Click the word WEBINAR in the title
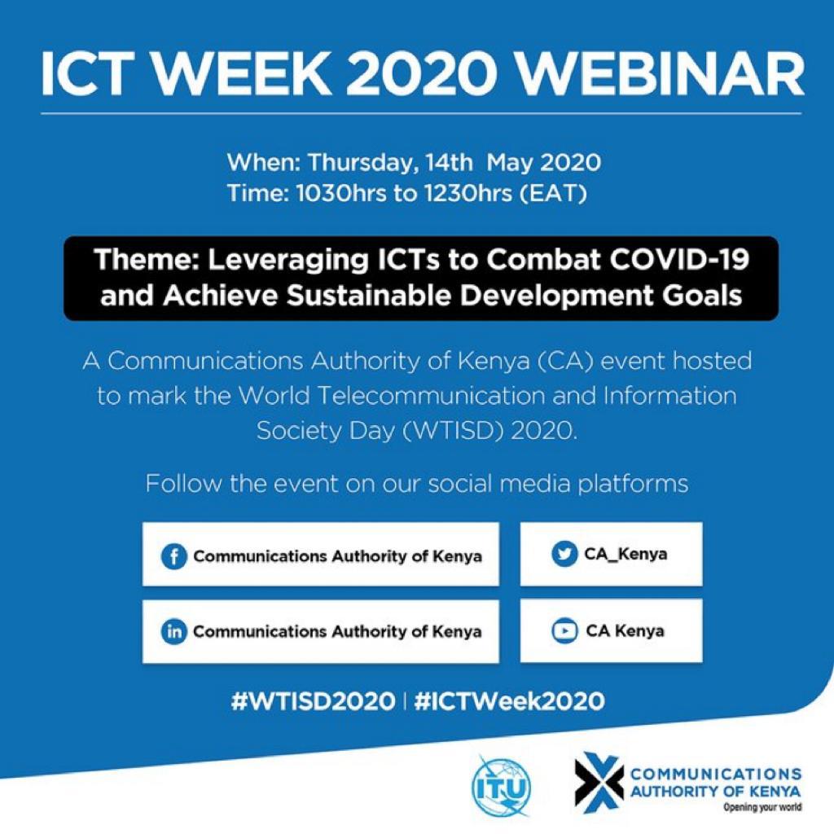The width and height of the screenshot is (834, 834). tap(661, 74)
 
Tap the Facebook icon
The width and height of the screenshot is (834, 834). tap(173, 557)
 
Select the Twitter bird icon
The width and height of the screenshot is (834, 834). tap(564, 554)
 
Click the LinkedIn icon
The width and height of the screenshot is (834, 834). tap(173, 631)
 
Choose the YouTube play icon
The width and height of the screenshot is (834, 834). tap(564, 631)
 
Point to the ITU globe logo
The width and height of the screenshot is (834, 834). tap(502, 786)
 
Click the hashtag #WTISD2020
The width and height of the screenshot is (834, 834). tap(314, 701)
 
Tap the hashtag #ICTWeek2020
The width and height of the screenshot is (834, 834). tap(509, 701)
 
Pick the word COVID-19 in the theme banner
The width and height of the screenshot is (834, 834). tap(679, 260)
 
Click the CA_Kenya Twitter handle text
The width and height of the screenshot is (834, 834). tap(625, 554)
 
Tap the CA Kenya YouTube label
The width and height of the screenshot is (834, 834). tap(625, 631)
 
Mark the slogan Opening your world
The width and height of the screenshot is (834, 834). tap(762, 808)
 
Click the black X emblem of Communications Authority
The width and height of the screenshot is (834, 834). tap(599, 783)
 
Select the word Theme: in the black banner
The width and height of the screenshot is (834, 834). tap(147, 260)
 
